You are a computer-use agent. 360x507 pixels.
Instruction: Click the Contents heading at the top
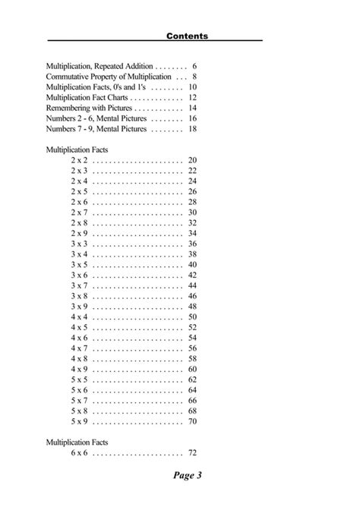tap(187, 36)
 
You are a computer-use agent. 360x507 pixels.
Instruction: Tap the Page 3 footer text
tap(187, 476)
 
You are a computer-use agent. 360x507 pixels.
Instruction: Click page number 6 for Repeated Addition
tap(195, 66)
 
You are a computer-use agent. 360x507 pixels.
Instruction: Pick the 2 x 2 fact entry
tap(80, 160)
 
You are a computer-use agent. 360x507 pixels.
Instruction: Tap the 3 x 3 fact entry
tap(80, 244)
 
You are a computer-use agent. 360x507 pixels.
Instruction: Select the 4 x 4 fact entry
tap(80, 316)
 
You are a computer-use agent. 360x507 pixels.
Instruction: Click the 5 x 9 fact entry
tap(80, 420)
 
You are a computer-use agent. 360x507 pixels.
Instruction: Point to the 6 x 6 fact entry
tap(80, 452)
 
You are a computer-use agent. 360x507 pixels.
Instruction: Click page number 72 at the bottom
tap(192, 452)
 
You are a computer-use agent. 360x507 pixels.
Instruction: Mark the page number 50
tap(192, 316)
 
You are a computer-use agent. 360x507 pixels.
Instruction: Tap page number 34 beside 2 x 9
tap(192, 233)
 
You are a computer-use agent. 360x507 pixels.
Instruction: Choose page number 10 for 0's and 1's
tap(192, 87)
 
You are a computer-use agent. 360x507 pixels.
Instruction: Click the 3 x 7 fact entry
tap(80, 285)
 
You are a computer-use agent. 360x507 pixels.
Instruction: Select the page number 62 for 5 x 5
tap(192, 379)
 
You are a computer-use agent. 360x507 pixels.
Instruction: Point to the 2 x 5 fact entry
tap(80, 191)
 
